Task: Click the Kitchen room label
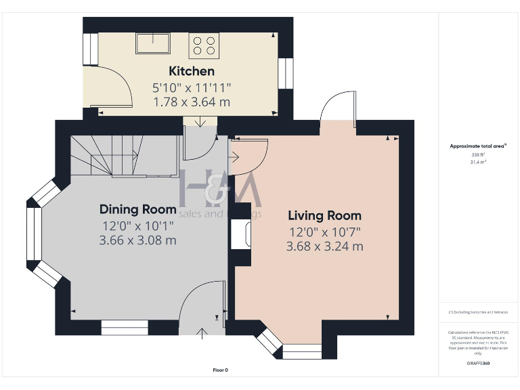tap(192, 71)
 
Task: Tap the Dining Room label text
tap(138, 209)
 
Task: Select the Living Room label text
tap(324, 216)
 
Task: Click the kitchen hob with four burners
tap(204, 45)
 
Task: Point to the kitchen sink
tap(153, 43)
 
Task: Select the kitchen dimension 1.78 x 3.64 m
tap(192, 102)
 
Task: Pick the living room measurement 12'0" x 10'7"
tap(324, 232)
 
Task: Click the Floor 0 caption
tap(220, 370)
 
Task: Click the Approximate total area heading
tap(478, 146)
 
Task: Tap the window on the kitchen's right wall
tap(286, 73)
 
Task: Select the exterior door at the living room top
tap(337, 108)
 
